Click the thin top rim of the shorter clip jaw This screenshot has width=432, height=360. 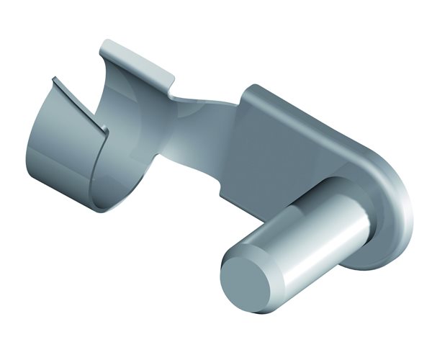[79, 104]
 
